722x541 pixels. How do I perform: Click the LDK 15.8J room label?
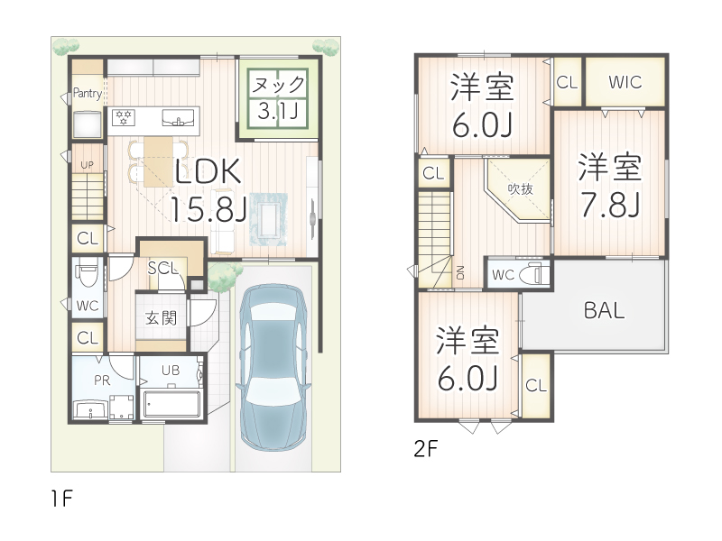(209, 189)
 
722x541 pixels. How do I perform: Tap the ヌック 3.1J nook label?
(278, 98)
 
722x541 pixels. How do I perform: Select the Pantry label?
(88, 93)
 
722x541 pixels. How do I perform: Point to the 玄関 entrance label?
(162, 317)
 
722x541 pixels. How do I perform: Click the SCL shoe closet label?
(162, 268)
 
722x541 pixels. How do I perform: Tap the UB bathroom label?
(170, 371)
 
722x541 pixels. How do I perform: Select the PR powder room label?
(103, 381)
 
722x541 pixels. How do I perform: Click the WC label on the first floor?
(88, 306)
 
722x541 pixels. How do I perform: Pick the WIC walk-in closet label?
(625, 82)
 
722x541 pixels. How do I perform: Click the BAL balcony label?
(604, 311)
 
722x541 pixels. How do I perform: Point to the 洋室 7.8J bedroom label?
(610, 187)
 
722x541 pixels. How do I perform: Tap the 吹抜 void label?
(520, 189)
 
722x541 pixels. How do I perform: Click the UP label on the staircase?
(88, 165)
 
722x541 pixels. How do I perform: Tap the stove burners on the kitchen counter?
(123, 116)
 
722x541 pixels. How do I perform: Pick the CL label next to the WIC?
(567, 82)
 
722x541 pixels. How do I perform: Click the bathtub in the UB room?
(172, 403)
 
